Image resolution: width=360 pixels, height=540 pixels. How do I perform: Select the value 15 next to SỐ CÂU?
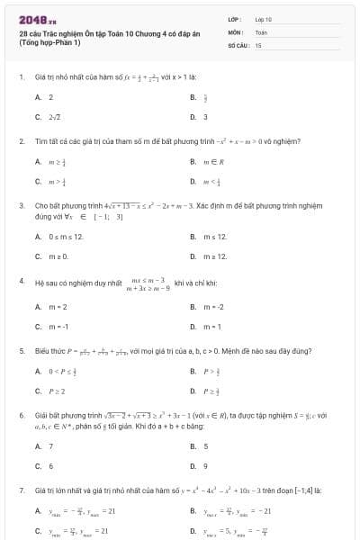(258, 44)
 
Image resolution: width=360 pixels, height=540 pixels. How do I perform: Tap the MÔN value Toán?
(261, 31)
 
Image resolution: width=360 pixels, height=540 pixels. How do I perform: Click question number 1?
(21, 77)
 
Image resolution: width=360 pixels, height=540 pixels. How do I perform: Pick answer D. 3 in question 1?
(199, 117)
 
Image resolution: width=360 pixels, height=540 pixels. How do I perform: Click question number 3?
(21, 205)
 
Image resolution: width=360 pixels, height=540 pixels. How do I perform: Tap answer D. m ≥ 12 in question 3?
(209, 256)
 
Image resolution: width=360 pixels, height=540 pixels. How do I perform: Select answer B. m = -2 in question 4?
(210, 308)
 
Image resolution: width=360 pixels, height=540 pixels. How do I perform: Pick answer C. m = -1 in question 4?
(52, 327)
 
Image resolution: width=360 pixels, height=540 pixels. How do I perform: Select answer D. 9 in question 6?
(199, 466)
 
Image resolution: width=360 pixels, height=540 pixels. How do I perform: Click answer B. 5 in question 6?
(200, 446)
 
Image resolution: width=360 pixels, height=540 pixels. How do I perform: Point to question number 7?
(21, 490)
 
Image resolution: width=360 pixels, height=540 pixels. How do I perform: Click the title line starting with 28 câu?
(81, 33)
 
